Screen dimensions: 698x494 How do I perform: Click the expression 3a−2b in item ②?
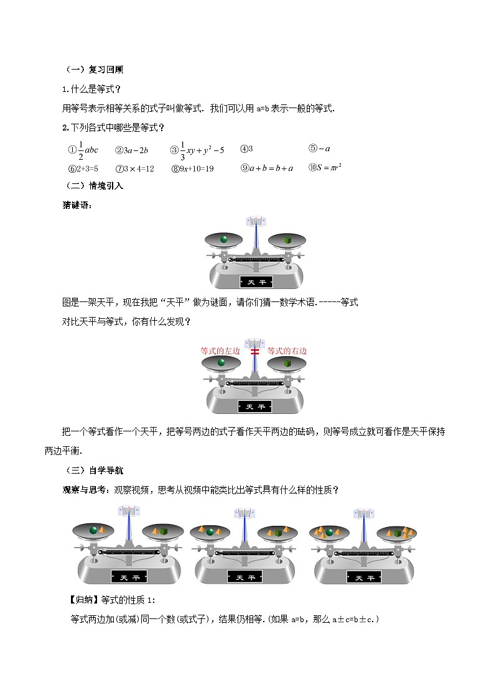pos(135,150)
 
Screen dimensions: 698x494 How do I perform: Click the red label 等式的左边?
pos(220,351)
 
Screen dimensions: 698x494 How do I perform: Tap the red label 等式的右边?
pos(287,351)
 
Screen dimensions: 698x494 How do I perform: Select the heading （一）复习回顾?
pos(94,70)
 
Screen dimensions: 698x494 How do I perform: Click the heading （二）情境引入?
pos(94,186)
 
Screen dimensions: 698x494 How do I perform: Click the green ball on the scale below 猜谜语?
pos(222,239)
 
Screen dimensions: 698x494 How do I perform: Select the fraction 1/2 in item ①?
pos(80,150)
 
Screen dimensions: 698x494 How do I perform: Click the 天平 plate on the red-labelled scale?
pos(254,406)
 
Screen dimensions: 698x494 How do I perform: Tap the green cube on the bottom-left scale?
pos(164,531)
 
